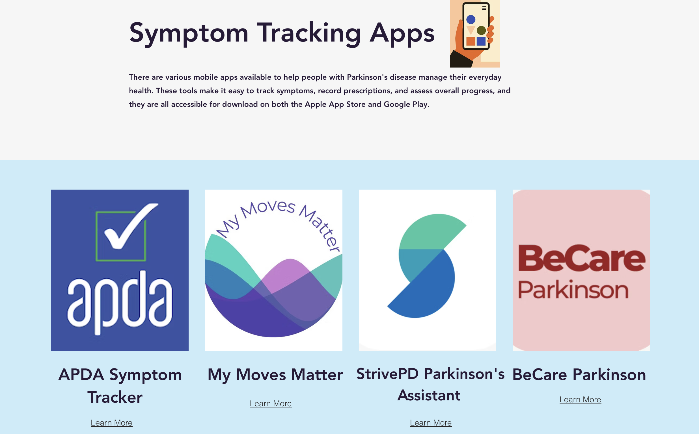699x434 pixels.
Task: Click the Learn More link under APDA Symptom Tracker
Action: coord(111,422)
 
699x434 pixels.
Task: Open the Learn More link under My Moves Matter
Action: coord(271,403)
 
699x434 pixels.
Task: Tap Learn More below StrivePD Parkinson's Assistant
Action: coord(430,422)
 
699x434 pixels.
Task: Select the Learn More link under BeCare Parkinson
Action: coord(580,399)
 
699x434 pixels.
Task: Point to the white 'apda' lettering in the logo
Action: coord(120,301)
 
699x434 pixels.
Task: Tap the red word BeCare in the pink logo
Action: coord(581,258)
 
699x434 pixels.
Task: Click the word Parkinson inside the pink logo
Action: coord(573,290)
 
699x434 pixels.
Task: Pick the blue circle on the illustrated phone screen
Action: coord(471,19)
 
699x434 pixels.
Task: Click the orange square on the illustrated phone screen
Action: coord(471,41)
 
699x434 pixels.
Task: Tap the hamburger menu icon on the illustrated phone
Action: coord(484,8)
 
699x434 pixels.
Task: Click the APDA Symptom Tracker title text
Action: coord(120,385)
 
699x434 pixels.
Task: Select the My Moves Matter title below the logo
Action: coord(275,375)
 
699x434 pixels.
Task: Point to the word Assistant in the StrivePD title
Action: coord(429,395)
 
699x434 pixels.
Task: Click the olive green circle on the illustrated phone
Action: coord(481,30)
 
